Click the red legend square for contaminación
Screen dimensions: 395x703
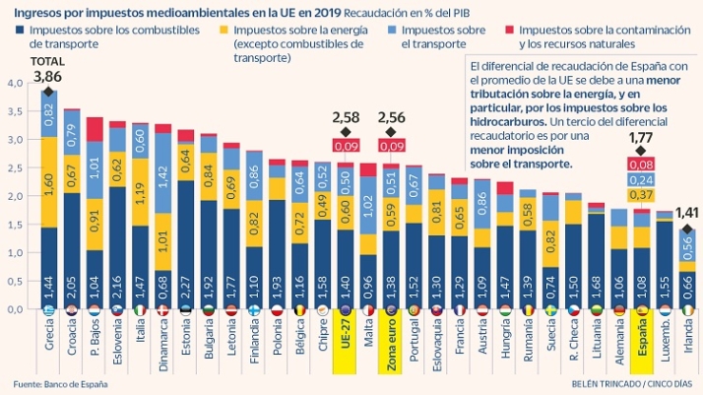(509, 31)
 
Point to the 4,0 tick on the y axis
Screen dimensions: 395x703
(13, 83)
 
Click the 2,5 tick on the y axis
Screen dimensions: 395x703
(13, 167)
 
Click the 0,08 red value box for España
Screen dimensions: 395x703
(642, 165)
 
